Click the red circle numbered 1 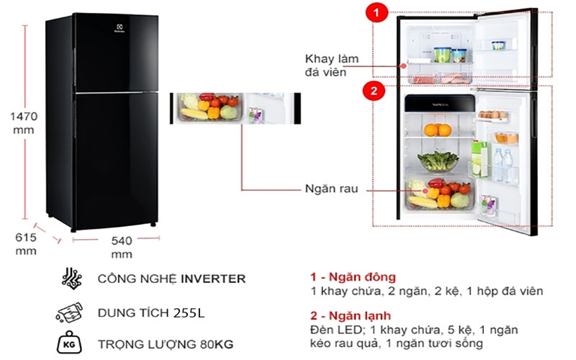tap(374, 12)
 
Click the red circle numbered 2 tap(373, 91)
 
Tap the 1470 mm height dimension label tap(23, 122)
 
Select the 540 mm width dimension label tap(122, 247)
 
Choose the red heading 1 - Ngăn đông tap(353, 277)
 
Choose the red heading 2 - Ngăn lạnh tap(351, 315)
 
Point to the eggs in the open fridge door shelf tap(492, 114)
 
